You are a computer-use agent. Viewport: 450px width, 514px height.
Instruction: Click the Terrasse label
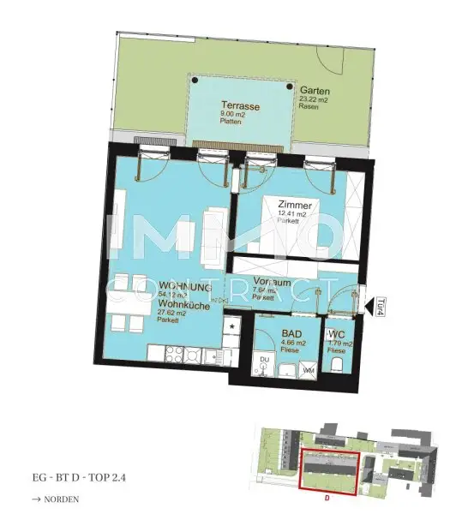[239, 106]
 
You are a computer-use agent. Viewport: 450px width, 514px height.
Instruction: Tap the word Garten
[315, 90]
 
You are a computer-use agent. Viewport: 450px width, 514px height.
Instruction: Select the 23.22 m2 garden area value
[315, 99]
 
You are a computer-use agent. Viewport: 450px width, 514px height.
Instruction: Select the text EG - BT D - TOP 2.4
[81, 475]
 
